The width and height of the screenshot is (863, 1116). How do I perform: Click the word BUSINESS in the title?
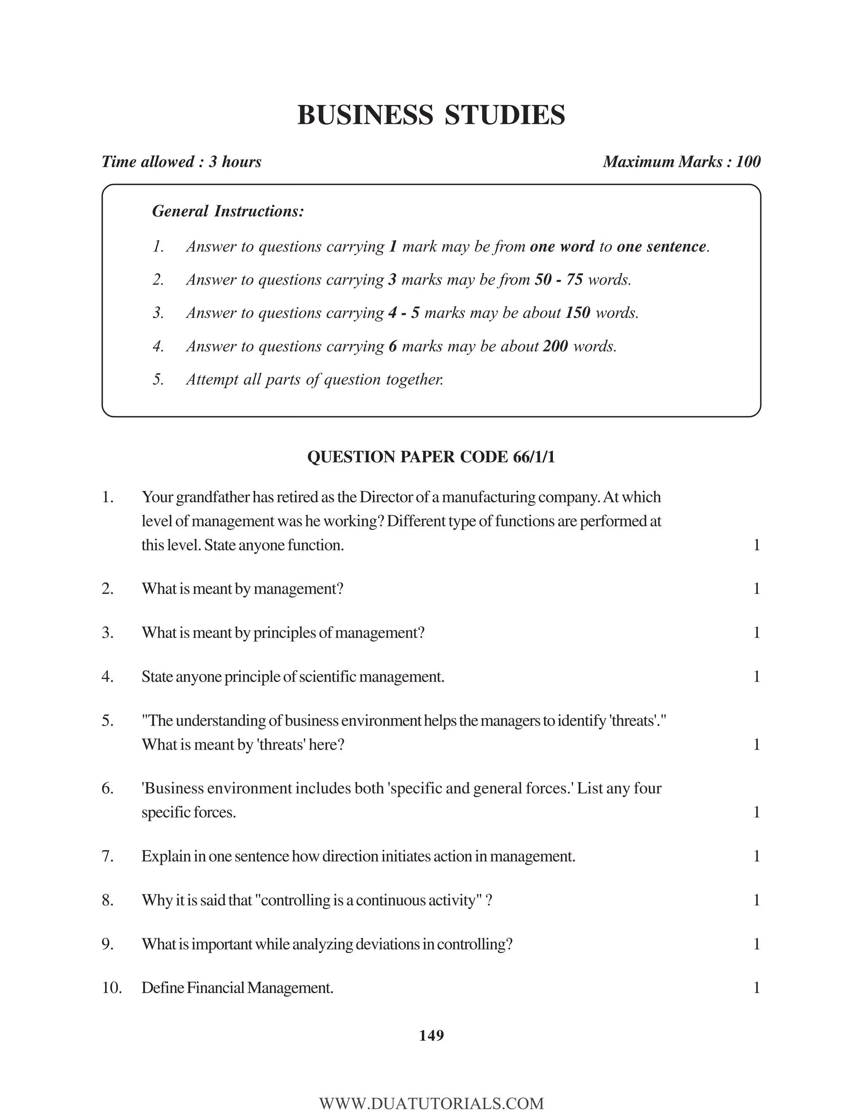[365, 115]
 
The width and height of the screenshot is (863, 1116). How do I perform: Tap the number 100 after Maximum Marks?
[748, 162]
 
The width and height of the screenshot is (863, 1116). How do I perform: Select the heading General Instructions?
[228, 211]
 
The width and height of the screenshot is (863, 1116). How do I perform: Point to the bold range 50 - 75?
[558, 280]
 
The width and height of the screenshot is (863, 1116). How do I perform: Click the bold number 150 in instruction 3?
[578, 313]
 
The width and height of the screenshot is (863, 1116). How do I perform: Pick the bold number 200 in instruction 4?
[555, 347]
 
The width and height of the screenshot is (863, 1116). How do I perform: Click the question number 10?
[111, 988]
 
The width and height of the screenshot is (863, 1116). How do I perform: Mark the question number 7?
[107, 856]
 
